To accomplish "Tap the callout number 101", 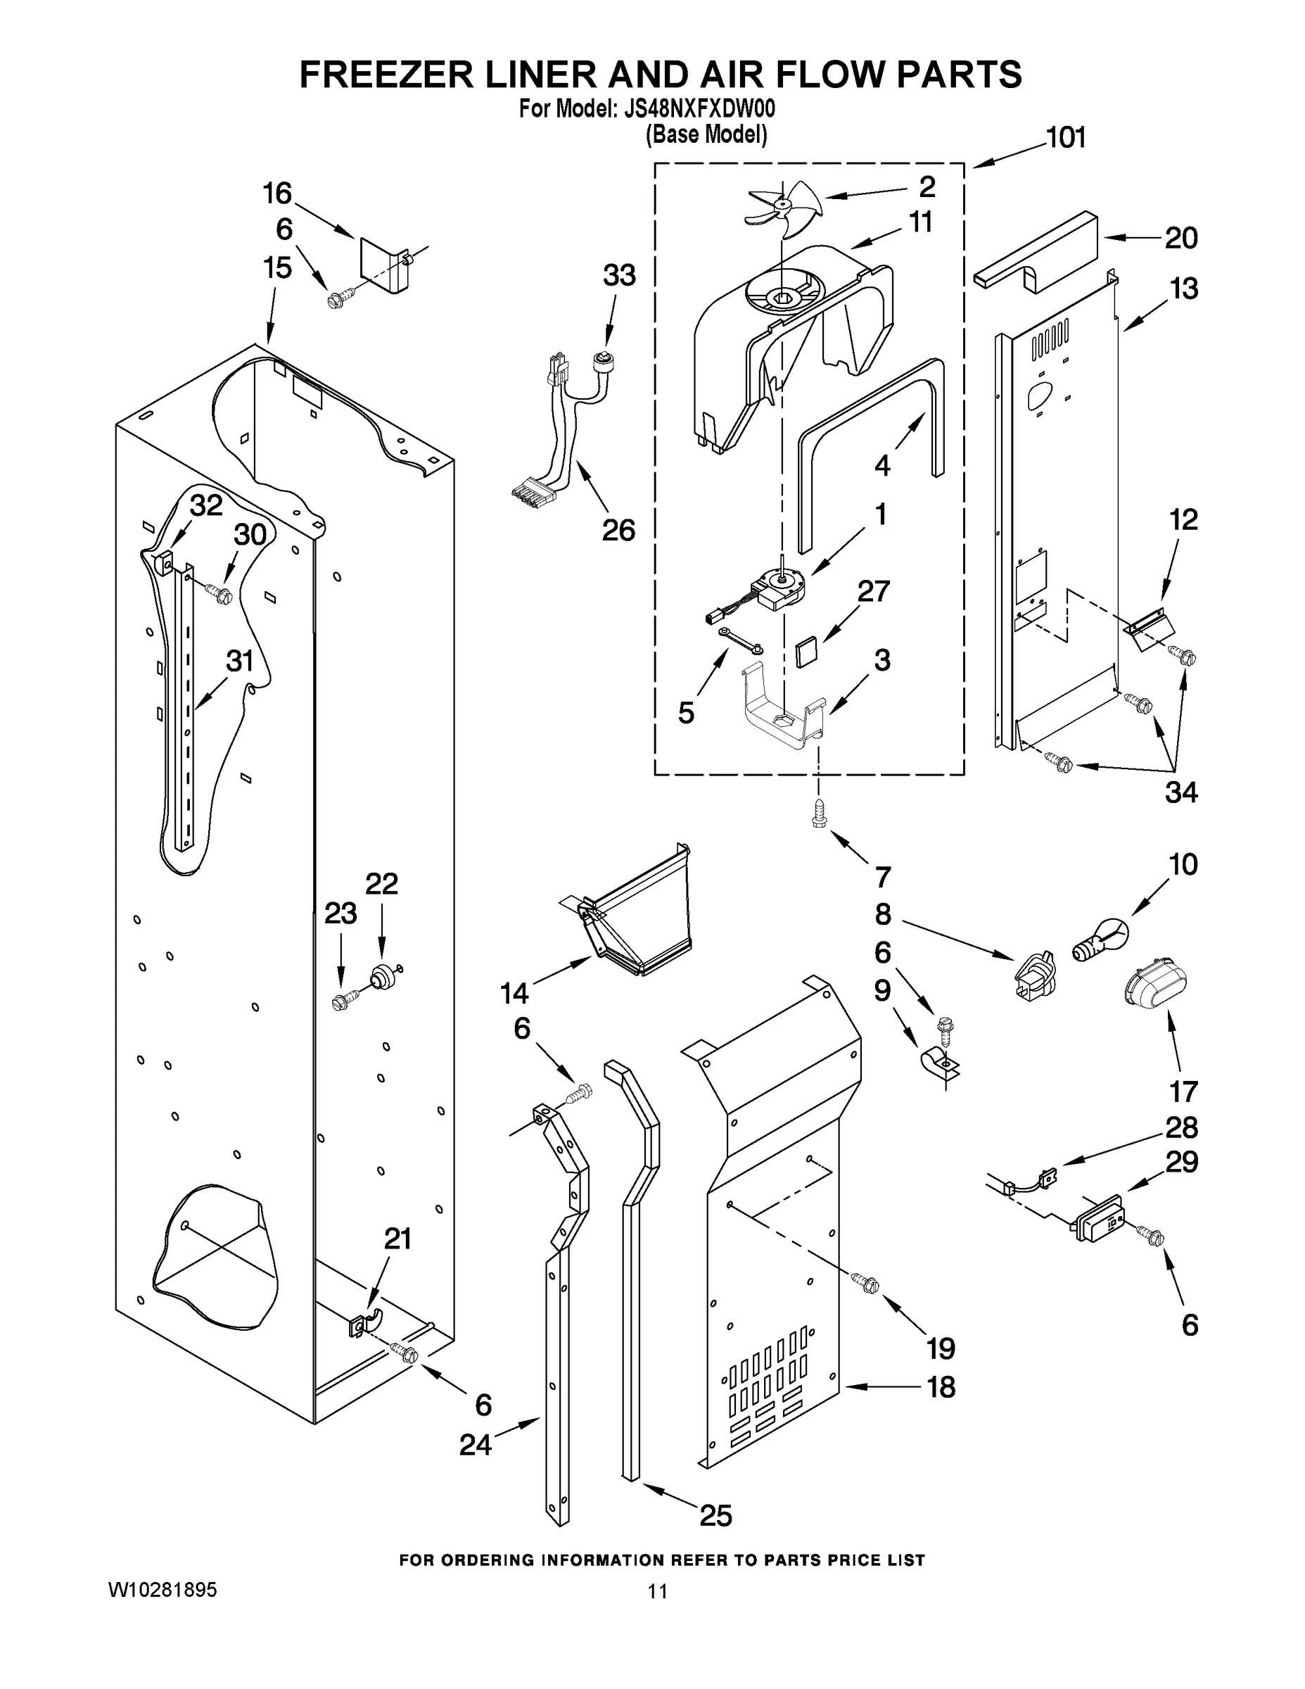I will (1065, 138).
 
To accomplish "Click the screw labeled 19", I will (866, 1283).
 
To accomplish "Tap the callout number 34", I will (1180, 792).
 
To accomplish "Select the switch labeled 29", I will (1097, 1220).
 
